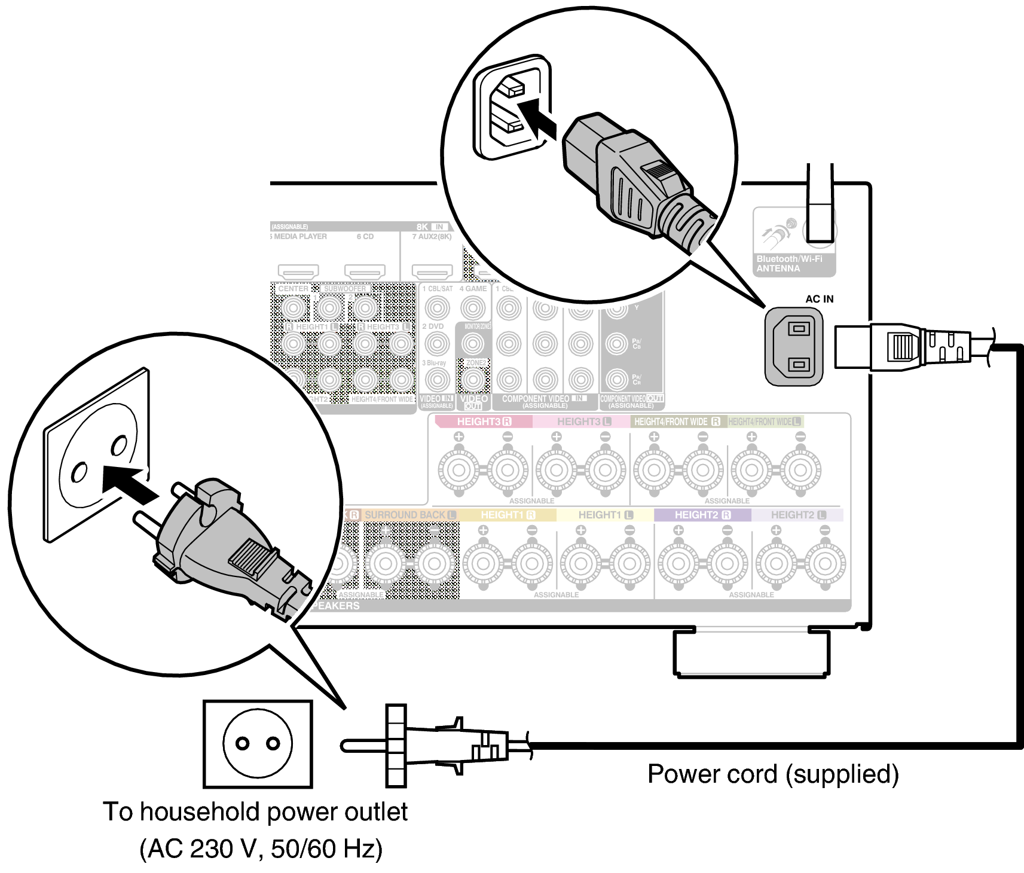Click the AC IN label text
(819, 299)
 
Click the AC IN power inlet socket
(794, 347)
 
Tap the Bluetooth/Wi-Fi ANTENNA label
(789, 264)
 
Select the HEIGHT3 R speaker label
(484, 422)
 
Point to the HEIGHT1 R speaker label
(508, 515)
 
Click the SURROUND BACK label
(405, 515)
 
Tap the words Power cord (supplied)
(773, 774)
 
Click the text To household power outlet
(255, 812)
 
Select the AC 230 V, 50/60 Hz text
(261, 849)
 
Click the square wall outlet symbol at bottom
(258, 744)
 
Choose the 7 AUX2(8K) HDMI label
(432, 237)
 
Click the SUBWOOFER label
(345, 289)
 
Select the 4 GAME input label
(473, 289)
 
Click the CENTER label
(293, 289)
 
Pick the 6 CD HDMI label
(365, 237)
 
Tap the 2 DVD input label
(433, 326)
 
